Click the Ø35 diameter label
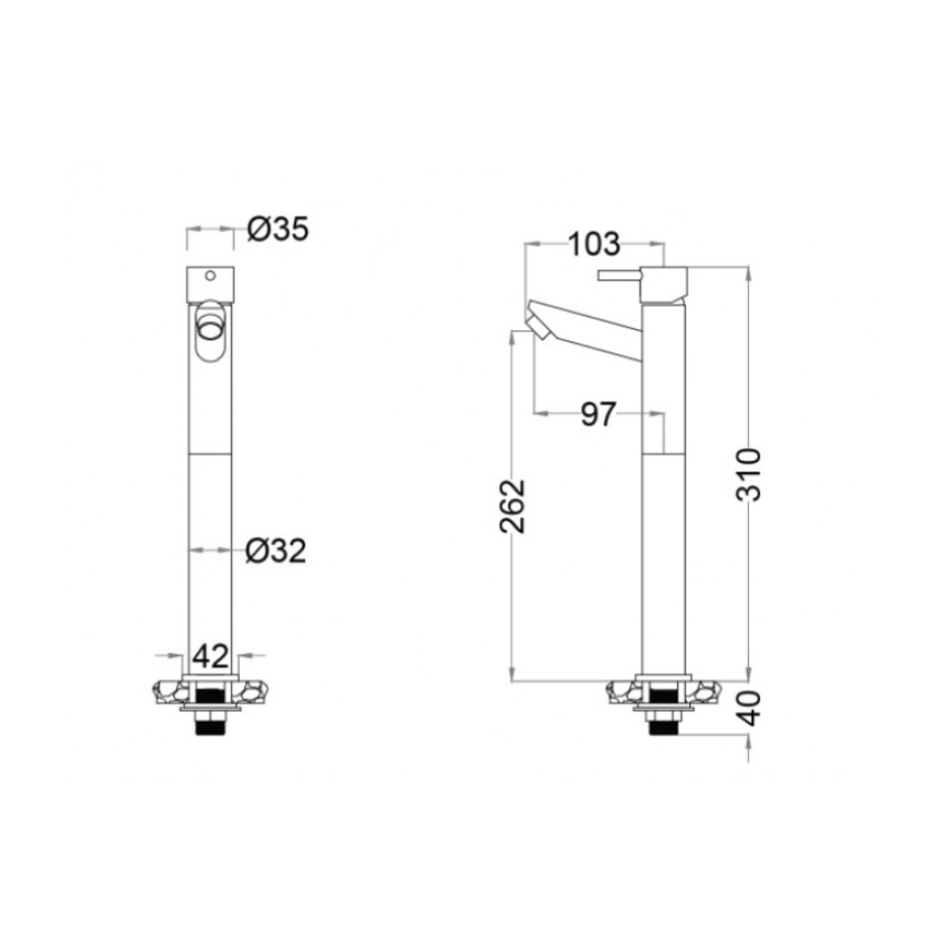click(277, 229)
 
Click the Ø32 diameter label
click(276, 551)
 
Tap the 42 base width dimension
click(210, 654)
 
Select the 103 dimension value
click(594, 243)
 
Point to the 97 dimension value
click(600, 414)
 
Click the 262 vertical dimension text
click(514, 505)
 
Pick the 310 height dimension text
click(749, 473)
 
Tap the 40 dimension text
click(749, 708)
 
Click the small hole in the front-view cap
click(210, 277)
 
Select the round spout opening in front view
click(210, 329)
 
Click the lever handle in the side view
click(618, 276)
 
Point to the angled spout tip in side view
click(537, 322)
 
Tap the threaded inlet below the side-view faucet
click(664, 724)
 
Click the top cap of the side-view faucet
click(664, 282)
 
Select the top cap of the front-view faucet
click(210, 285)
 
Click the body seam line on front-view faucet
click(210, 454)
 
